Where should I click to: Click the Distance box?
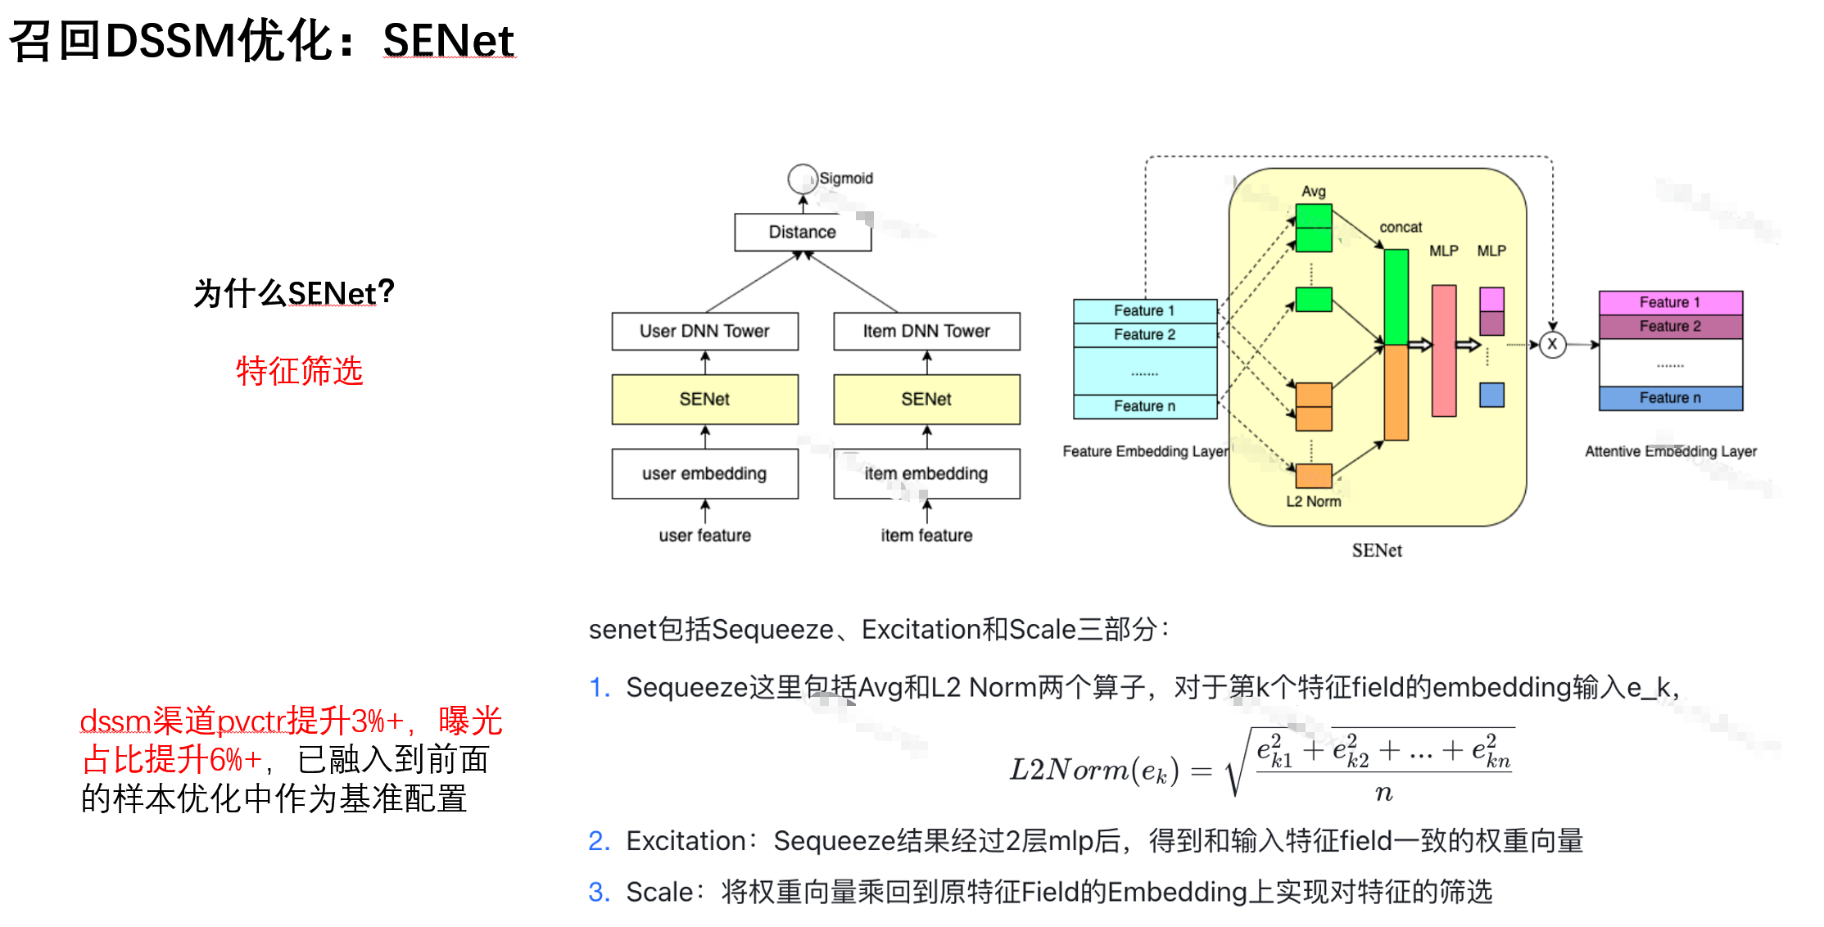click(802, 233)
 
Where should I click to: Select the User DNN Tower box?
click(704, 331)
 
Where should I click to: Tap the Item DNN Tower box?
click(926, 331)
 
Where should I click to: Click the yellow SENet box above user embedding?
click(704, 399)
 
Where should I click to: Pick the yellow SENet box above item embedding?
click(926, 399)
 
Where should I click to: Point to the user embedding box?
click(704, 473)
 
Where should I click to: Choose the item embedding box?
click(926, 473)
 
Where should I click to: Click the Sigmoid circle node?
click(802, 179)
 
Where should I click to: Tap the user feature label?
click(704, 536)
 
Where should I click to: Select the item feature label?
click(926, 536)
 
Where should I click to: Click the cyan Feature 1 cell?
click(1144, 310)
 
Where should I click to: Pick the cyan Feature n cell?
click(1144, 406)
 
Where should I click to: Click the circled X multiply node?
click(1552, 345)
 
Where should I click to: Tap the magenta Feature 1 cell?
click(1670, 302)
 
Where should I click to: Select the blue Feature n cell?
click(1670, 398)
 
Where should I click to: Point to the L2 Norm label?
click(1313, 501)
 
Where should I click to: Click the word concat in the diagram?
click(1401, 227)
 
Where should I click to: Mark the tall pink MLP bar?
click(1443, 350)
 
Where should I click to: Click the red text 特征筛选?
click(299, 371)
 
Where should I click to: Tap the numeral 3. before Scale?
click(599, 892)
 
